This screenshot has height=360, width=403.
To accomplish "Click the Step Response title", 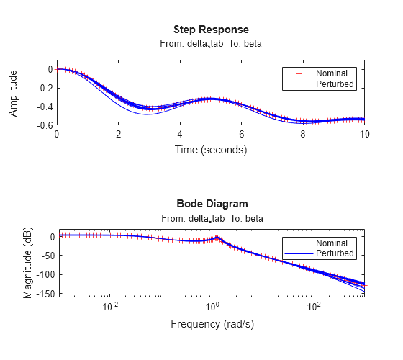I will click(211, 30).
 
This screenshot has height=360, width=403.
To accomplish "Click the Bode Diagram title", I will click(211, 204).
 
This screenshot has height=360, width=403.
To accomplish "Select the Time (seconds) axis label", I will click(211, 150).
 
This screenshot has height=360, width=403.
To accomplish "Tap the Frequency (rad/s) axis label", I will click(211, 324).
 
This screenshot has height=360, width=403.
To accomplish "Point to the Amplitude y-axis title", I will click(13, 97).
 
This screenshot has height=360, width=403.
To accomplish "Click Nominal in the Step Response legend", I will click(332, 73).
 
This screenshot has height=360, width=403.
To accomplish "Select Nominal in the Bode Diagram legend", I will click(332, 243).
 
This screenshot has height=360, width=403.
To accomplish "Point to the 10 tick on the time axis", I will click(365, 135).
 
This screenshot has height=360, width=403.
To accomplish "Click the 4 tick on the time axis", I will click(181, 135).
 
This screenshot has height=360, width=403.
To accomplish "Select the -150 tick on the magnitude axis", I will click(42, 293).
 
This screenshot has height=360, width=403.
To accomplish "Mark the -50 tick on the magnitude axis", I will click(44, 255).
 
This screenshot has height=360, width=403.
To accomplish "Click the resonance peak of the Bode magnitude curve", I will click(217, 238).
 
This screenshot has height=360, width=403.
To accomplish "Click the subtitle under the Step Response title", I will click(211, 44).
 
